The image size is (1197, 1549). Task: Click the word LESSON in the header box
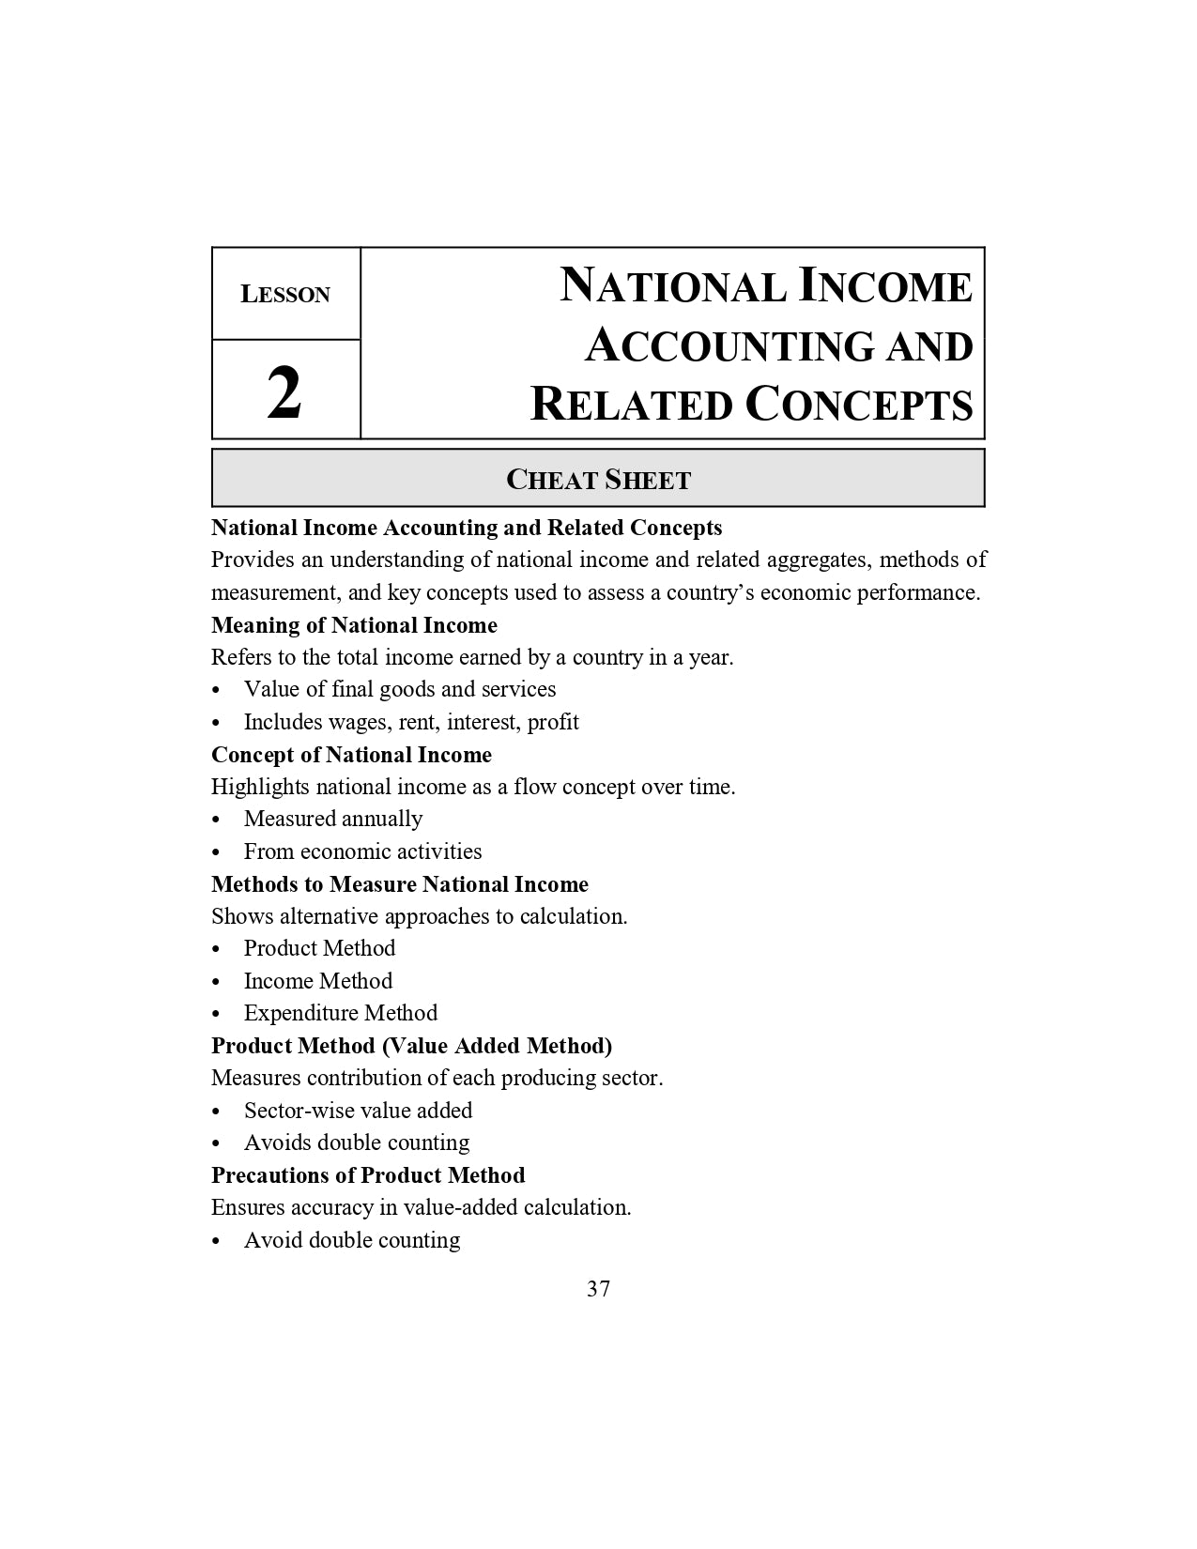pos(285,295)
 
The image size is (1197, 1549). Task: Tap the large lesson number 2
pos(284,393)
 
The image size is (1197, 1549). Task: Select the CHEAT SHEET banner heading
pos(598,480)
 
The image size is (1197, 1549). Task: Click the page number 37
pos(598,1289)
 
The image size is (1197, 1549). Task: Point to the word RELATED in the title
pos(632,405)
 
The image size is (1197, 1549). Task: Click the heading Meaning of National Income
pos(354,625)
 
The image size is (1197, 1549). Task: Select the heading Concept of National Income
pos(351,755)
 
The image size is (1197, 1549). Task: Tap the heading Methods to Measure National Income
pos(400,884)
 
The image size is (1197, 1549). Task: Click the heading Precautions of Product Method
pos(368,1175)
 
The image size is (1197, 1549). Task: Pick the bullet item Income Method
pos(318,981)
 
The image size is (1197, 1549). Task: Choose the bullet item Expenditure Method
pos(341,1013)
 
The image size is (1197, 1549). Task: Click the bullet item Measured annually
pos(333,819)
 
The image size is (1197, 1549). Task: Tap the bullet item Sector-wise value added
pos(358,1111)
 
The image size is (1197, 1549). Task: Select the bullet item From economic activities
pos(362,851)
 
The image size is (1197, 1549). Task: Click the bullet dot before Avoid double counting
pos(217,1241)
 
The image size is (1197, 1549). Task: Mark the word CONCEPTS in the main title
pos(859,405)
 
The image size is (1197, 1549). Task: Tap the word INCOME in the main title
pos(885,286)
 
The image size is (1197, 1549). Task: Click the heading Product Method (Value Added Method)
pos(411,1046)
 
